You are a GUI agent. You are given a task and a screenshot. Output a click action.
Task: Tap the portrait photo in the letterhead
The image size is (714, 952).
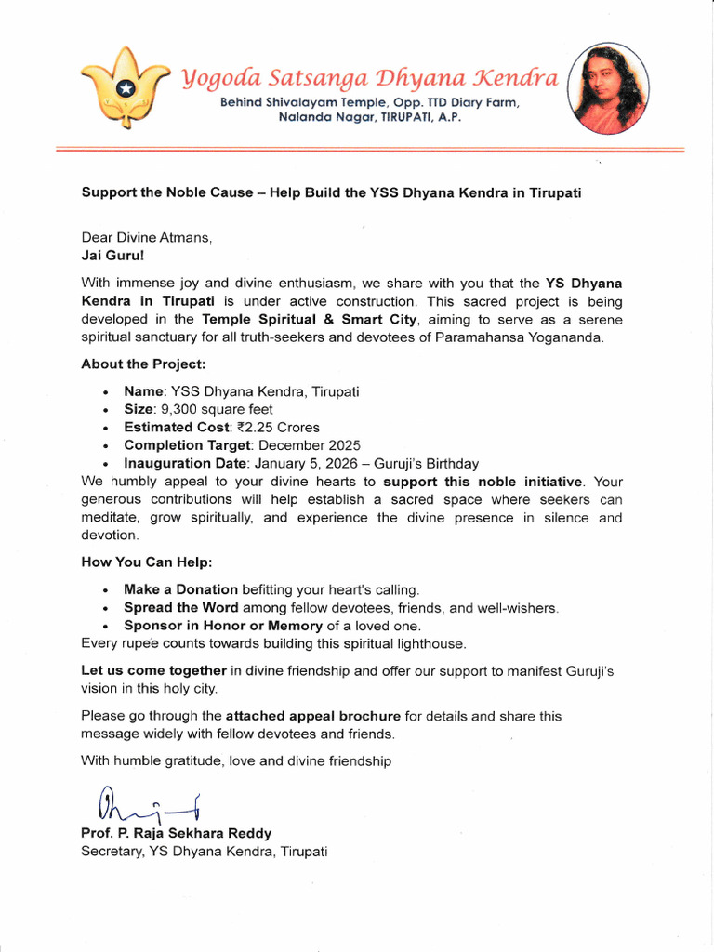pyautogui.click(x=609, y=88)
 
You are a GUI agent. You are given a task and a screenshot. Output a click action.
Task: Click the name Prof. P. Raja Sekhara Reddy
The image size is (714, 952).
pyautogui.click(x=177, y=833)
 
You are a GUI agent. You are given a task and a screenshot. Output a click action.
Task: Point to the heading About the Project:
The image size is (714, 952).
pyautogui.click(x=143, y=364)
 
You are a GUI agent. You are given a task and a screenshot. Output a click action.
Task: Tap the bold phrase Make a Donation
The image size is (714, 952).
pyautogui.click(x=181, y=589)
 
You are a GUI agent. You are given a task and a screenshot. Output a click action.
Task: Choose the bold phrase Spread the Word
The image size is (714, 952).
pyautogui.click(x=180, y=607)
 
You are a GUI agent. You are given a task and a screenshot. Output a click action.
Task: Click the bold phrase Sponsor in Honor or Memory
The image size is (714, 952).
pyautogui.click(x=223, y=626)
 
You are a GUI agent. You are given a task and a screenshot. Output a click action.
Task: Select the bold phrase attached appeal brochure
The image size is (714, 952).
pyautogui.click(x=313, y=716)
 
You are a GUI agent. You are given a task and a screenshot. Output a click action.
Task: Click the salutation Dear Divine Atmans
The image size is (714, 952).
pyautogui.click(x=146, y=236)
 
